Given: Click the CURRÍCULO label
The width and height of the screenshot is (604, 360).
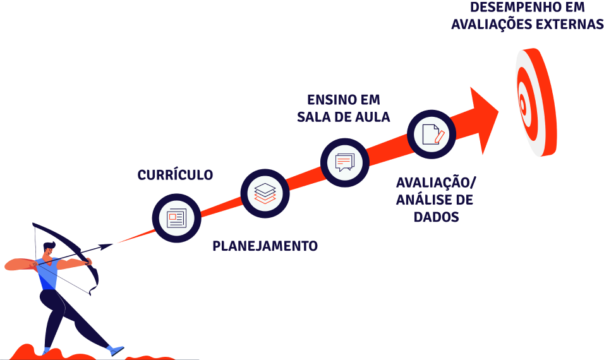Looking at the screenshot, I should click(175, 175).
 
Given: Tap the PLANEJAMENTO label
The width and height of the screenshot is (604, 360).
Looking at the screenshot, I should click(265, 246).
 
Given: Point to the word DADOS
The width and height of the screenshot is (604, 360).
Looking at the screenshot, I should click(436, 217).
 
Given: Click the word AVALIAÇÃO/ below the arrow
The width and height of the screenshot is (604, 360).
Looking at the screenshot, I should click(436, 183).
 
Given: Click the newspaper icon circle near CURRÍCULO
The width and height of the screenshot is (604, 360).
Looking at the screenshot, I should click(176, 219).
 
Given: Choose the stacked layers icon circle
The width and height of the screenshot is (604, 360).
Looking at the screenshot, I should click(265, 193).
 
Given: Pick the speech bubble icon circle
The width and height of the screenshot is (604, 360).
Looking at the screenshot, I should click(344, 162).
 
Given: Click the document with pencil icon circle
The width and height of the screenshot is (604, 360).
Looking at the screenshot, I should click(432, 133).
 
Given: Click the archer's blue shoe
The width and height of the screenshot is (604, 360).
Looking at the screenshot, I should click(115, 349).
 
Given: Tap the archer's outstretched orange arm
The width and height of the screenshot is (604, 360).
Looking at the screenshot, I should click(19, 264).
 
